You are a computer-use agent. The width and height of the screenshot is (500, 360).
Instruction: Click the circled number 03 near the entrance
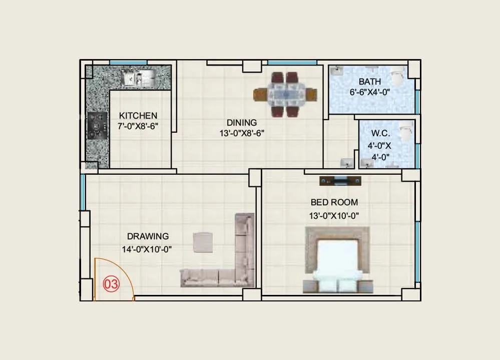pos(111,284)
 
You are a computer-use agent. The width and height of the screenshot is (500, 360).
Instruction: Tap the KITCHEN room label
pos(138,116)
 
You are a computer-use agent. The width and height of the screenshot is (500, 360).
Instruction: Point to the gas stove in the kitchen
pos(97,125)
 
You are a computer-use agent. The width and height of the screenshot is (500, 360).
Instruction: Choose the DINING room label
pos(242,122)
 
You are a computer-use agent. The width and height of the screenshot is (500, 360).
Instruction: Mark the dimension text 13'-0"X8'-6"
pos(242,133)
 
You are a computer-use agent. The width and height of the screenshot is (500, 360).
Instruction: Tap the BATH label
pos(369,82)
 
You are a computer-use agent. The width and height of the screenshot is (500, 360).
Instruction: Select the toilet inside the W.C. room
pos(407,131)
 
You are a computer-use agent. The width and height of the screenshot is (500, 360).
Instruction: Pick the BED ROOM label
pos(334,202)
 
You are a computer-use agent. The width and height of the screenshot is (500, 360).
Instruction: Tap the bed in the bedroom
pos(338,260)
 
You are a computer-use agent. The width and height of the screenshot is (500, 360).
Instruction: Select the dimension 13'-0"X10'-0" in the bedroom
pos(334,216)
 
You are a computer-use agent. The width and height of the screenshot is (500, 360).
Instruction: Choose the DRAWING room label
pos(148,236)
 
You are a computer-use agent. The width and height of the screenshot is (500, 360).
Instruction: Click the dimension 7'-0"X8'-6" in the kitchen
pos(138,127)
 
